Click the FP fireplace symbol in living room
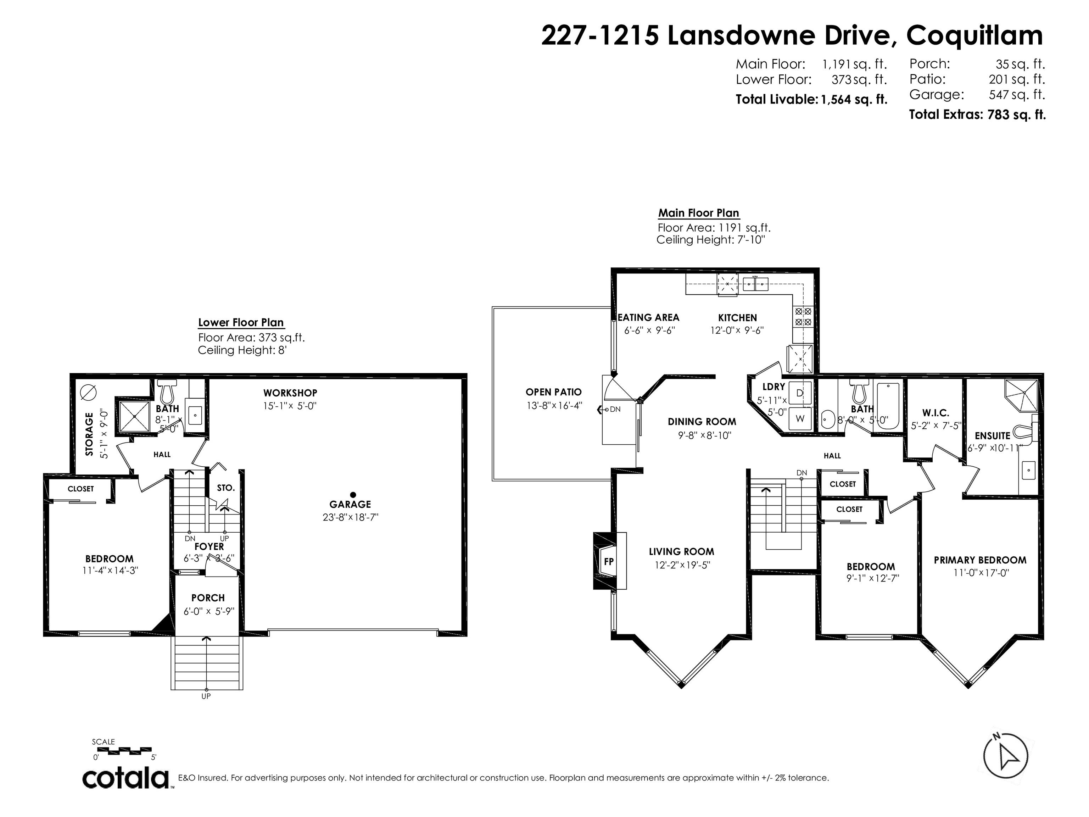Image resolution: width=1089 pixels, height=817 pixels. (609, 561)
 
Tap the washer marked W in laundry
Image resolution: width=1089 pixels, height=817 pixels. (800, 418)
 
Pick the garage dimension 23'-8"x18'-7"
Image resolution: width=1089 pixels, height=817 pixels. (350, 517)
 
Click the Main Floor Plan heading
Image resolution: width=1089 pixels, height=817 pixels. (699, 213)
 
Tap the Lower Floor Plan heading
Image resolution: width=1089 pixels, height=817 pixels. (241, 323)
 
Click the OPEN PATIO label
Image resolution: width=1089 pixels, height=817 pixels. (553, 392)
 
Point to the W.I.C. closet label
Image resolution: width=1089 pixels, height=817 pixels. (936, 413)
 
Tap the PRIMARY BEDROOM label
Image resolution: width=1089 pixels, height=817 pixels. (980, 560)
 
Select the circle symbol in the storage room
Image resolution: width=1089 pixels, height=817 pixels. (89, 391)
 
